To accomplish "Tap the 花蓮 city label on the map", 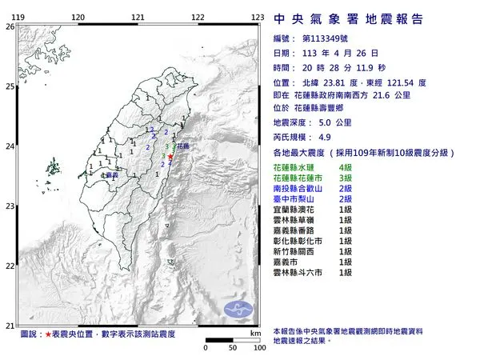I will click(183, 147).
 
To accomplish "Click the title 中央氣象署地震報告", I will click(348, 18).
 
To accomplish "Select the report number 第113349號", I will click(327, 38).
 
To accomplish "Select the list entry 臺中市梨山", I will click(296, 197).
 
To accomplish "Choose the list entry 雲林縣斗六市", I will click(300, 272).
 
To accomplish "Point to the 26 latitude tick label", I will click(10, 26).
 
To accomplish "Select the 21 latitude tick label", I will click(10, 325).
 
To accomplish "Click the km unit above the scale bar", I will click(254, 333).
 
